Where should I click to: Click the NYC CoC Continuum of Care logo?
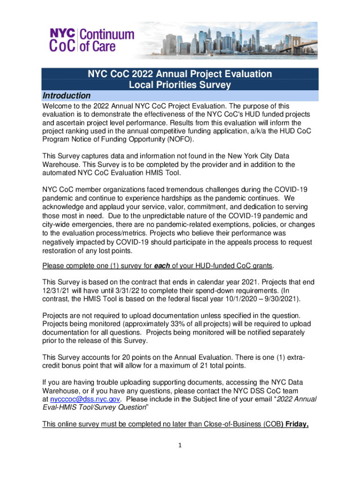[92, 39]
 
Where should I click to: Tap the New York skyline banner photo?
[236, 40]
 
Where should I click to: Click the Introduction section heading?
[66, 96]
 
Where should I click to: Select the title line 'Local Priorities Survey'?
[180, 85]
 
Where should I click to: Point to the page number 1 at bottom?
[180, 445]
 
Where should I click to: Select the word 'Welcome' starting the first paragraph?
[58, 106]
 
